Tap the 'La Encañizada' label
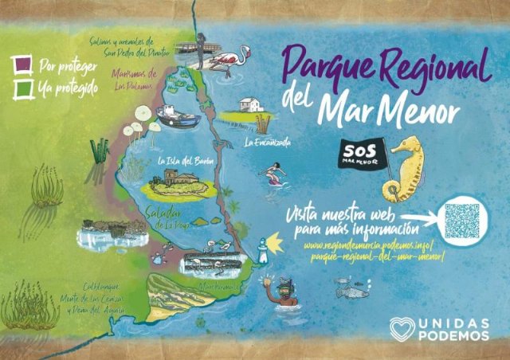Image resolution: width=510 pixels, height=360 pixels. pos(267,143)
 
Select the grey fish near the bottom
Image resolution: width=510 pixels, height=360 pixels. pos(352,292)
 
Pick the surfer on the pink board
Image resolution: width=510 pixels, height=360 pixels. pos(274,173)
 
